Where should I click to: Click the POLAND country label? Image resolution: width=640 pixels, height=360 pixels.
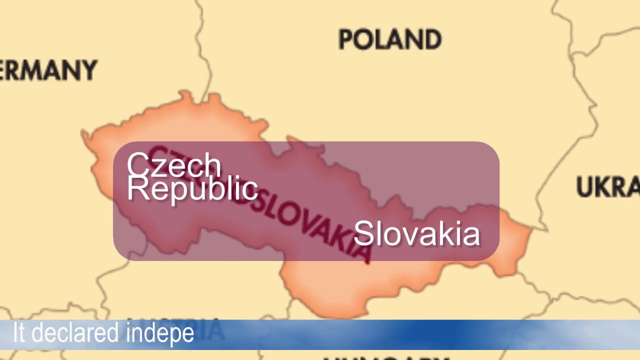point(390,39)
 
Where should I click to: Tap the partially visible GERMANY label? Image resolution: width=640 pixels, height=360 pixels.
point(48,70)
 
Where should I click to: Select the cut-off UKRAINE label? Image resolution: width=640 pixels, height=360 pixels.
point(608,187)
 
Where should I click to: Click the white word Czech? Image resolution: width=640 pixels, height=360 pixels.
point(173,165)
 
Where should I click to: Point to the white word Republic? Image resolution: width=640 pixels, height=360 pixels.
point(192,189)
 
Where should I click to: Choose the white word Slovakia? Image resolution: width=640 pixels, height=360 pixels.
point(417,233)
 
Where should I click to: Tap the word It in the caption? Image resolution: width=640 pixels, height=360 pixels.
point(18,332)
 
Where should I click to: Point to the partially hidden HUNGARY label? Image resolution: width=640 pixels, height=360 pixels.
point(385,357)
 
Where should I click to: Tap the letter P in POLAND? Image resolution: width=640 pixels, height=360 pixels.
point(346,39)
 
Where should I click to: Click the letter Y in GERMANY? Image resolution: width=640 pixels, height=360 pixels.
point(89,70)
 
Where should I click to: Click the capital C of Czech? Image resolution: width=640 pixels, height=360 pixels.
point(138,165)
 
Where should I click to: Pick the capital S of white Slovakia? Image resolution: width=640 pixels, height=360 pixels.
point(363,233)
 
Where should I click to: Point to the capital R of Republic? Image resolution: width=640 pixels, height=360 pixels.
point(137,189)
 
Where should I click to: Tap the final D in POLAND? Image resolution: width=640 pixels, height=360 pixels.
point(433,39)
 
